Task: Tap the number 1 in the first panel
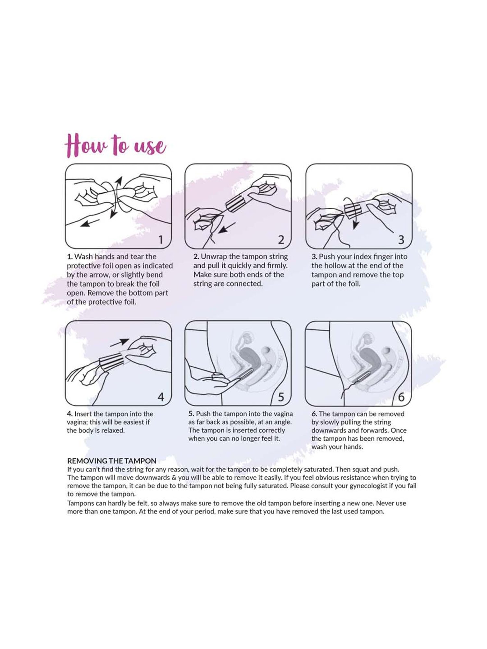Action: (161, 240)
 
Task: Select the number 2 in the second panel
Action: (281, 240)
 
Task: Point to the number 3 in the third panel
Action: (401, 240)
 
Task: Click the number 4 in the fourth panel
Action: (161, 397)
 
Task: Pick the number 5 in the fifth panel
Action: (281, 397)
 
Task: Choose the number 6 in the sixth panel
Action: (401, 397)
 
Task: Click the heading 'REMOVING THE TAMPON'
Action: (112, 461)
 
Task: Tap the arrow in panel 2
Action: (226, 228)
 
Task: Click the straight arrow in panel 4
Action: (119, 343)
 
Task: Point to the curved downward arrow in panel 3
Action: (354, 214)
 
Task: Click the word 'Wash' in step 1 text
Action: (83, 257)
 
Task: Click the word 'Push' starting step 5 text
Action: (203, 414)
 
